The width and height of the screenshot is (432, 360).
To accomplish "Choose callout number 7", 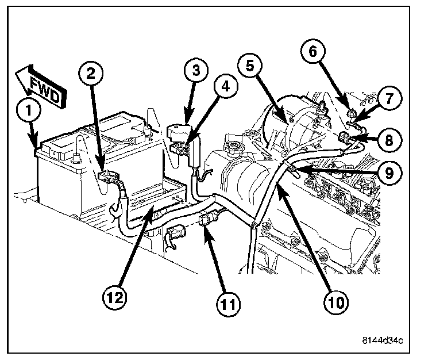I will coord(388,98).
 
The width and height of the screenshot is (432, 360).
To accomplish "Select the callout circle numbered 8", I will coord(389,138).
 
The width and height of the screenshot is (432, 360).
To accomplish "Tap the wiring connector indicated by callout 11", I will coord(209,220).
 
